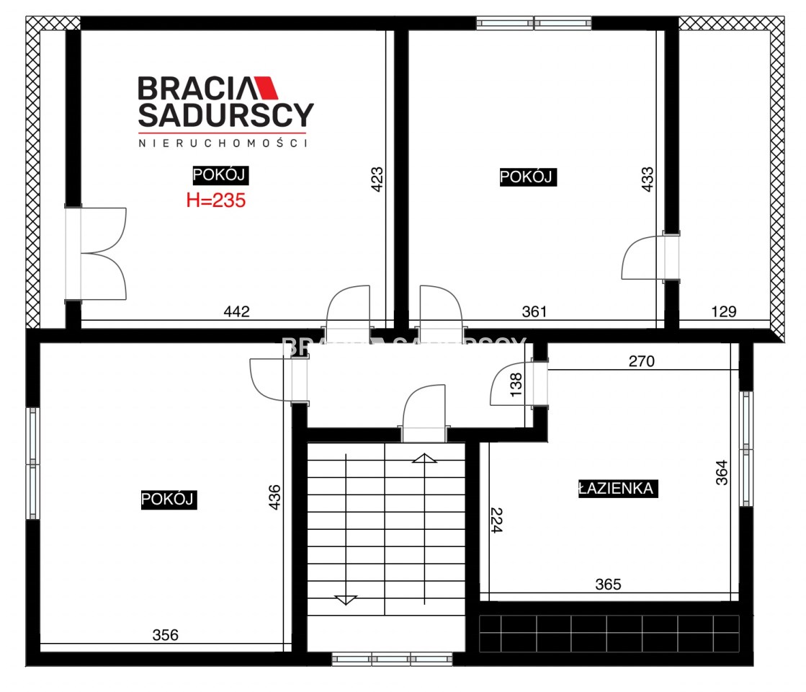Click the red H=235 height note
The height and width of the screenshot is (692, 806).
click(216, 200)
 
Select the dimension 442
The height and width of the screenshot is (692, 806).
click(236, 311)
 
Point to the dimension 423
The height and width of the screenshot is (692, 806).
click(377, 179)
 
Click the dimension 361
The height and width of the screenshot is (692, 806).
click(534, 311)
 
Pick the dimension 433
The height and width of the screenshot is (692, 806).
click(647, 179)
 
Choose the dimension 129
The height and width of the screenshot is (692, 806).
click(724, 311)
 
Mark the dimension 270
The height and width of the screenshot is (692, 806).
click(642, 361)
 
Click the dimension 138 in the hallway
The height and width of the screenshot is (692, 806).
click(516, 384)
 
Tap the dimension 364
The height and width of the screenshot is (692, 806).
click(722, 472)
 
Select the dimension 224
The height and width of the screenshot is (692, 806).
click(496, 520)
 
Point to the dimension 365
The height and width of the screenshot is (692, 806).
click(608, 584)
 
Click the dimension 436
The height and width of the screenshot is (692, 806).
click(274, 497)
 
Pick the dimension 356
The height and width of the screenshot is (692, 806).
click(165, 635)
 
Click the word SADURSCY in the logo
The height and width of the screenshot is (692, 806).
click(225, 115)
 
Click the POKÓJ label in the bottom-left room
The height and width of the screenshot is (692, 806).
click(168, 499)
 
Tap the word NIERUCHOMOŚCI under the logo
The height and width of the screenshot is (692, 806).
click(223, 143)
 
